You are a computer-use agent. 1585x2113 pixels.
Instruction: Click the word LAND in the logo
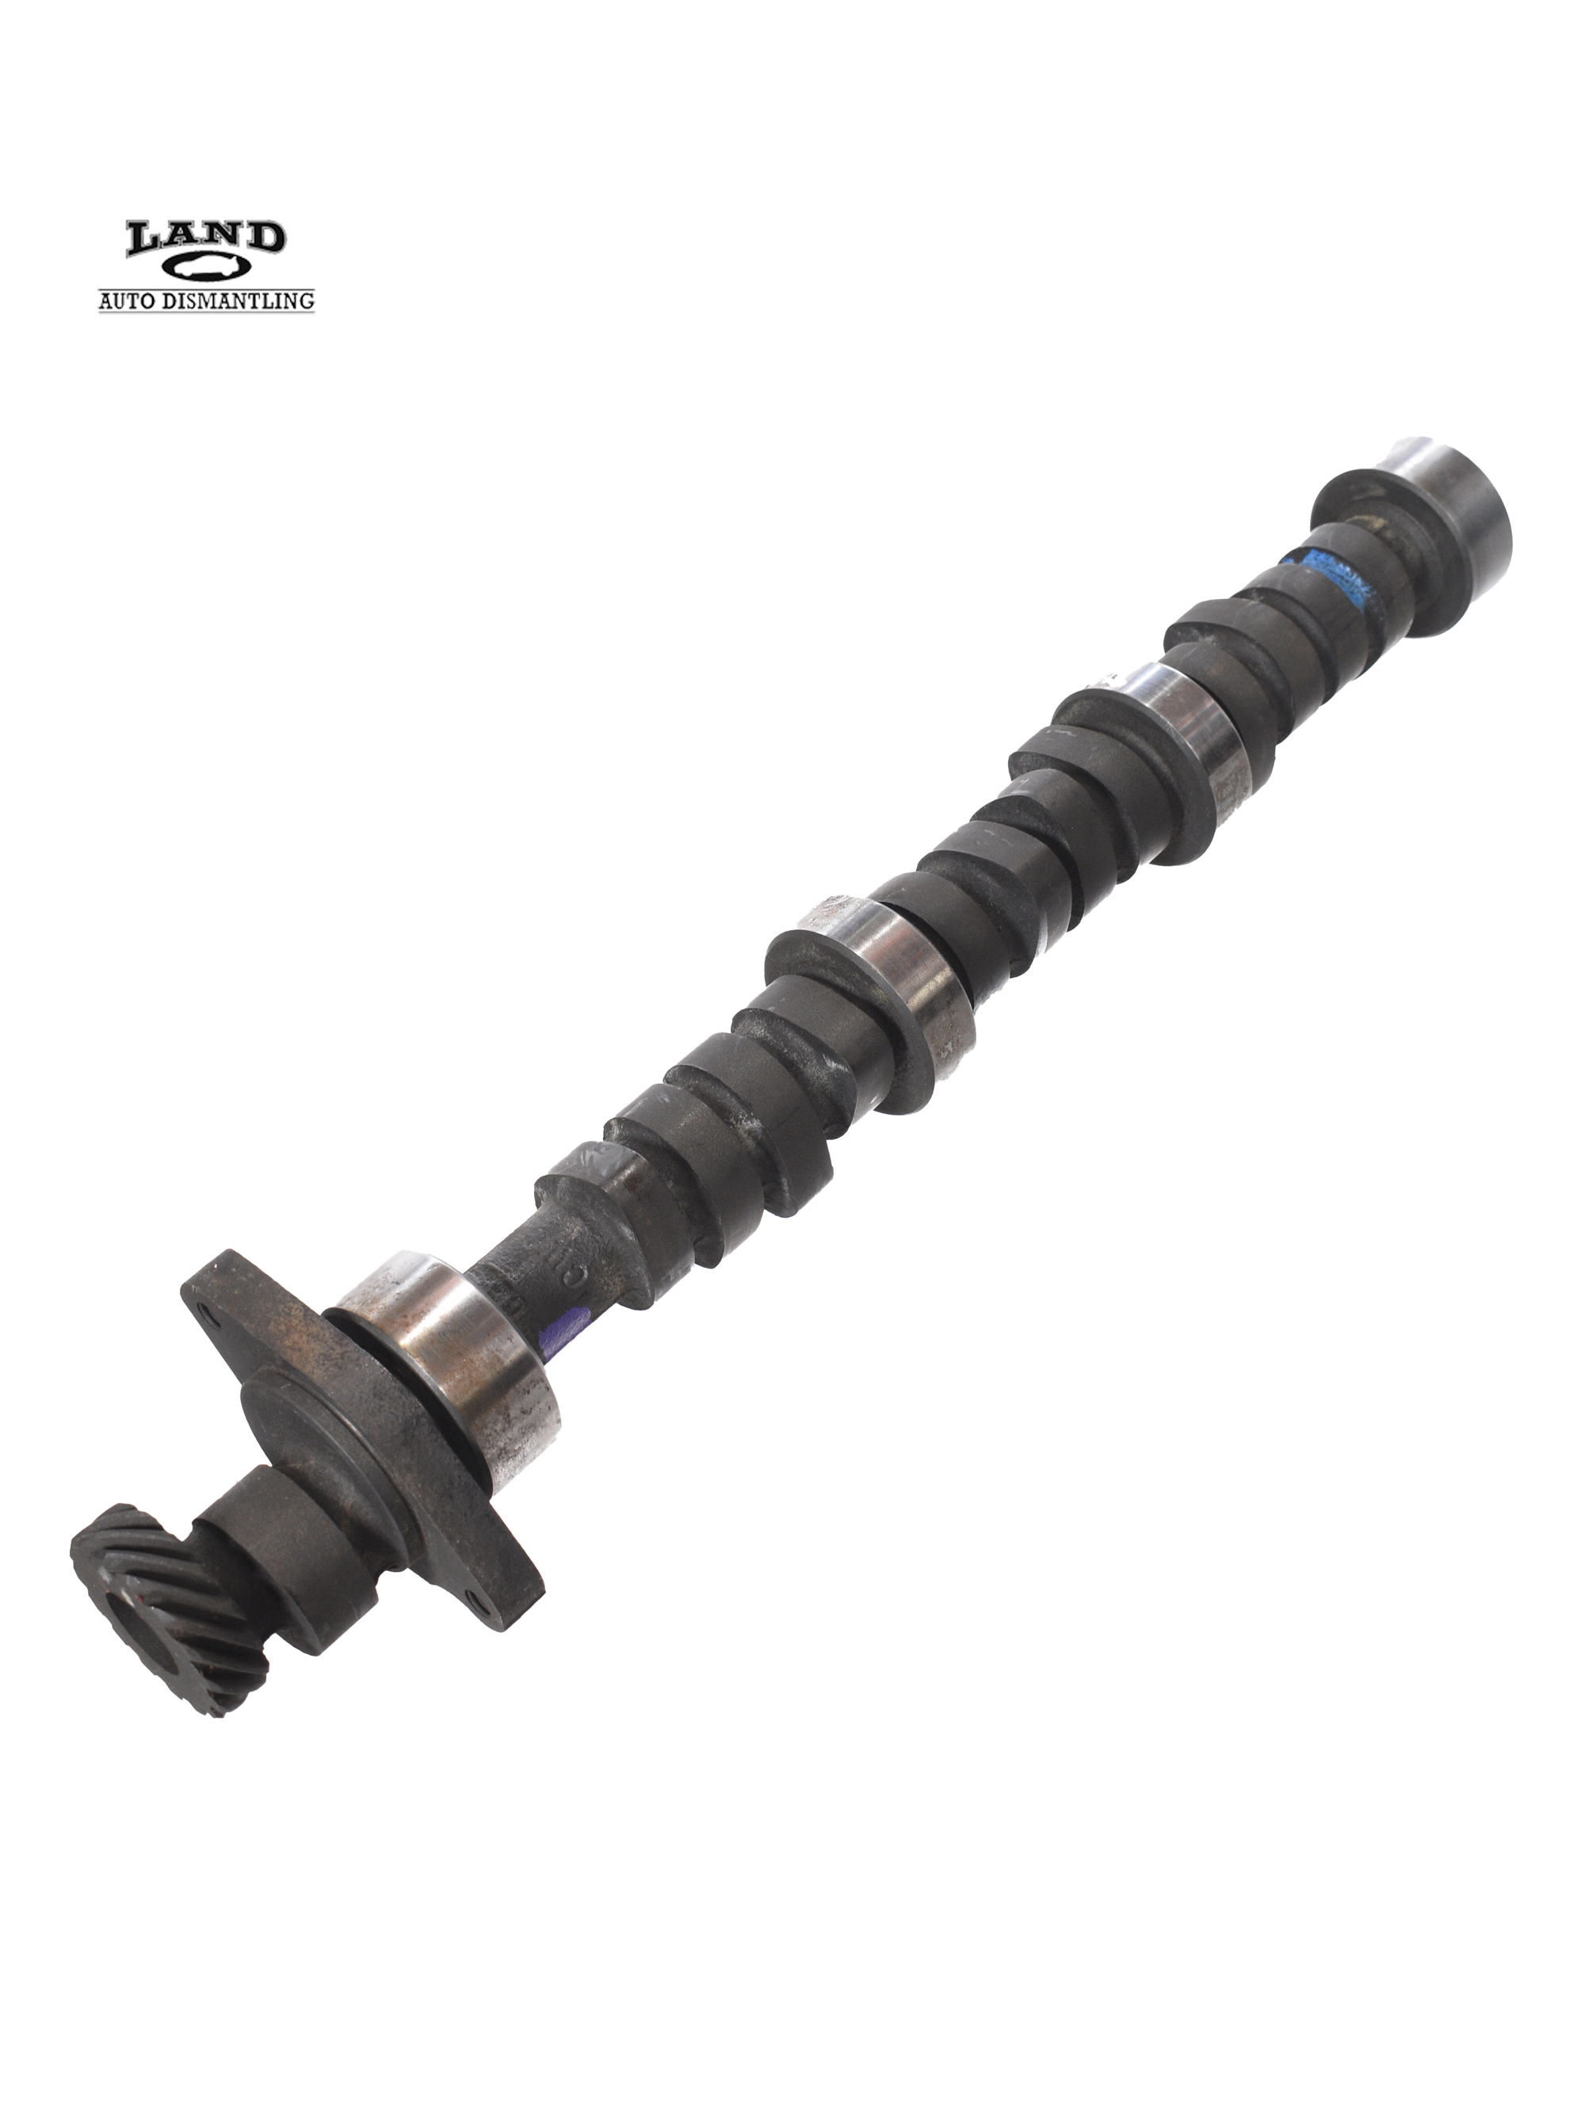pyautogui.click(x=205, y=238)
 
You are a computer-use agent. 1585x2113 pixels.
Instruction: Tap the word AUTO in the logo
pyautogui.click(x=128, y=301)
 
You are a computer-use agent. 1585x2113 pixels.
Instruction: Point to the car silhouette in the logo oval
pyautogui.click(x=206, y=269)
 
